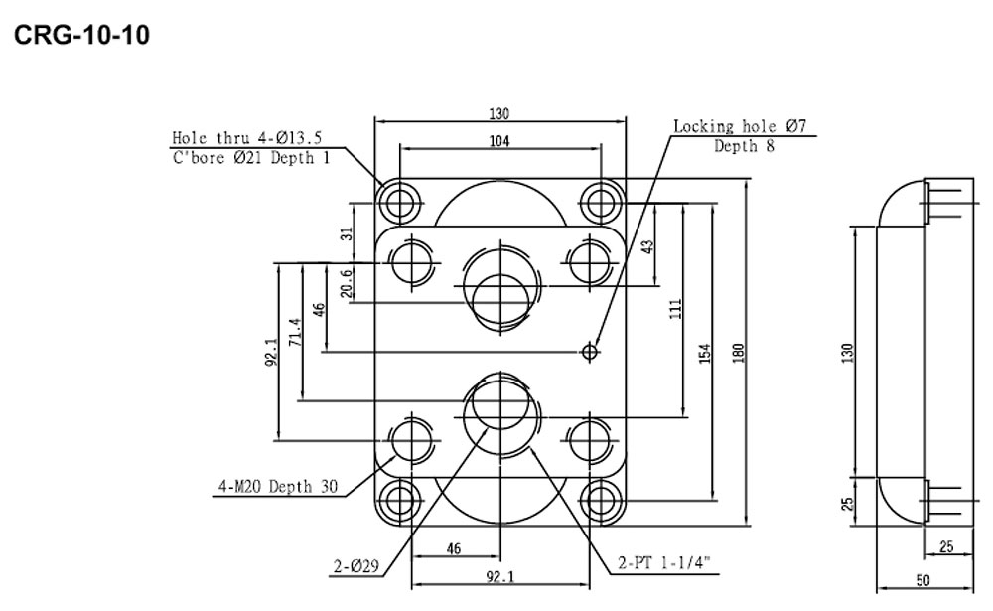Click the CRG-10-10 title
point(81,35)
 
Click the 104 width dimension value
point(499,141)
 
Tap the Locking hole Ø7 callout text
point(740,126)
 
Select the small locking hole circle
point(590,351)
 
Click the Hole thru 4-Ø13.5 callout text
point(247,137)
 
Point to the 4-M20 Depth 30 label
point(278,487)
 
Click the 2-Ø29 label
point(356,566)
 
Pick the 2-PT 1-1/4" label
point(664,563)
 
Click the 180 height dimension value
point(738,353)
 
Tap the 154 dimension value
point(705,353)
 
